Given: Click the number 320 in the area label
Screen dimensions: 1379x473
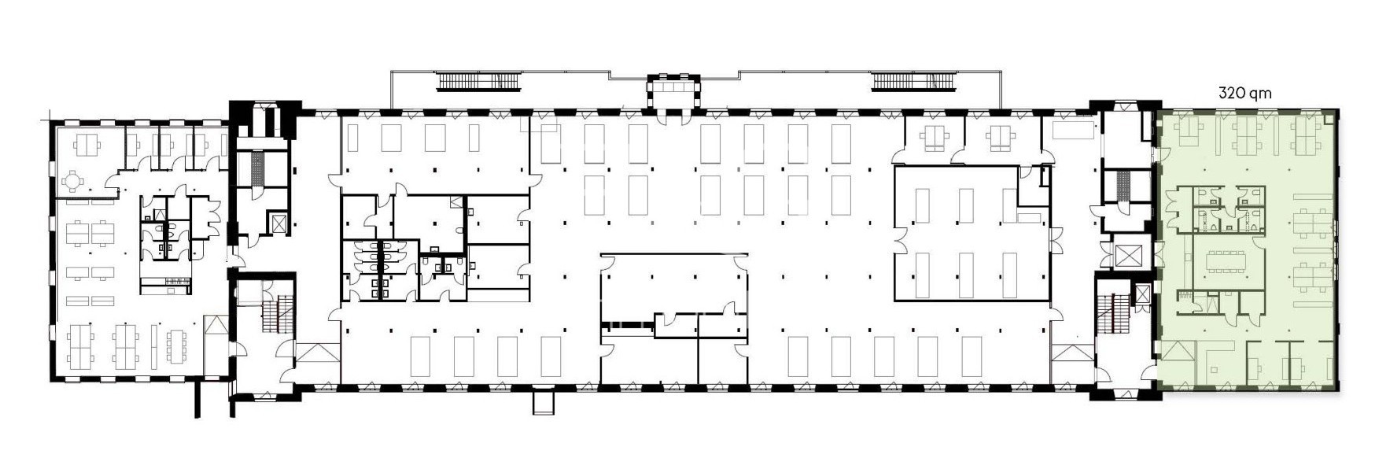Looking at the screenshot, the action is [x=1230, y=93].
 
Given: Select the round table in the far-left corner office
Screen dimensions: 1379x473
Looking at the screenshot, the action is [x=72, y=182].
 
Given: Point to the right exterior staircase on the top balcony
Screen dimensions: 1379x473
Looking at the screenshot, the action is [x=914, y=80].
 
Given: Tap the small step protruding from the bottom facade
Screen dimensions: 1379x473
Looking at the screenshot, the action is [x=544, y=401].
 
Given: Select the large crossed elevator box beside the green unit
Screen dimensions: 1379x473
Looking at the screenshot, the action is [x=1127, y=255].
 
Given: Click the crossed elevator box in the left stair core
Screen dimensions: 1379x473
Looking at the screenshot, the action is [x=277, y=223].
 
